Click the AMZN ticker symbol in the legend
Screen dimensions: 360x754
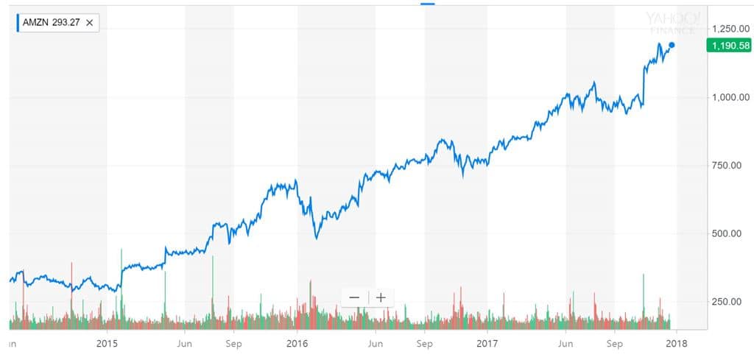[36, 23]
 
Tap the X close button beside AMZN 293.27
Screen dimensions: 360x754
[89, 23]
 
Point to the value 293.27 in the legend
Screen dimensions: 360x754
[66, 23]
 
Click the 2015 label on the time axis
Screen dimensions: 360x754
[107, 343]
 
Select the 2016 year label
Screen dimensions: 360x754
[297, 343]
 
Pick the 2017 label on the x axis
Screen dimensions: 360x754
[487, 343]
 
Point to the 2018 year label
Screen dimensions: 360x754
[675, 343]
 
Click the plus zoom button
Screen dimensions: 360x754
[381, 297]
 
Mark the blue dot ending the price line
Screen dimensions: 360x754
[671, 46]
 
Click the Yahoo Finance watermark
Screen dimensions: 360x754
[672, 22]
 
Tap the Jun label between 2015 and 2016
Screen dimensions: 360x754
[185, 343]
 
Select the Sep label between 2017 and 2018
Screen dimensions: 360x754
[614, 343]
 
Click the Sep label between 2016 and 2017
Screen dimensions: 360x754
[424, 343]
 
